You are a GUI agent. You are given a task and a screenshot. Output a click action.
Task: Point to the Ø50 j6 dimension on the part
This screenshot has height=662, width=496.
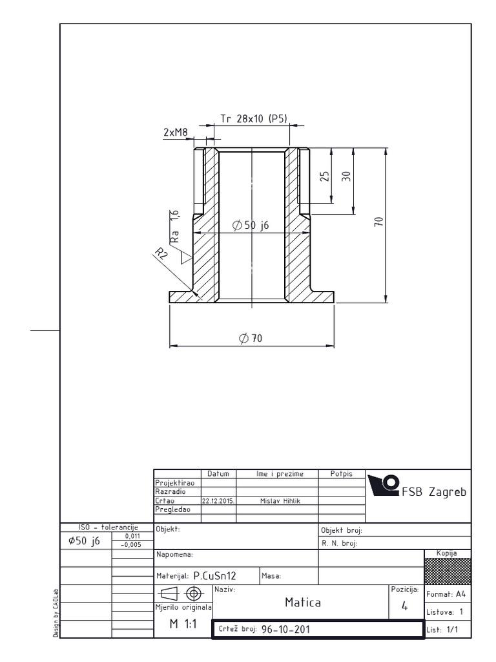pos(251,225)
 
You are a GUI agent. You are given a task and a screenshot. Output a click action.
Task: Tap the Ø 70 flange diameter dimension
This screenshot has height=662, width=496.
pos(251,338)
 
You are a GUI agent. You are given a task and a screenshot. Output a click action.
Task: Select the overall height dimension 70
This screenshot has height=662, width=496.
pos(379,221)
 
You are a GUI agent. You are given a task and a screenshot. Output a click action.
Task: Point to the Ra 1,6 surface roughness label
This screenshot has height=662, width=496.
pos(174,226)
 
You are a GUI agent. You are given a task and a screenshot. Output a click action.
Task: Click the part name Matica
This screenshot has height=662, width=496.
pos(303,603)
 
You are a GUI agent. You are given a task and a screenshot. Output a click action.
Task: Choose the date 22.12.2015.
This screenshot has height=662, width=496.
pos(218,500)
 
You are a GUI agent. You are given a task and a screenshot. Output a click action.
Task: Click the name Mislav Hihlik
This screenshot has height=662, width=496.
pos(277,500)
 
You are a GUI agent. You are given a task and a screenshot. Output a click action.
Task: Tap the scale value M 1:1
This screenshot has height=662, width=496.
pos(183,625)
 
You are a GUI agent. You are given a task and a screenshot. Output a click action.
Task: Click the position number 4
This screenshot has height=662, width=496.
pos(404,606)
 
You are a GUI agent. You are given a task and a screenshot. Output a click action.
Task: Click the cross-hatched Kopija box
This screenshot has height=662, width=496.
pos(448,570)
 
